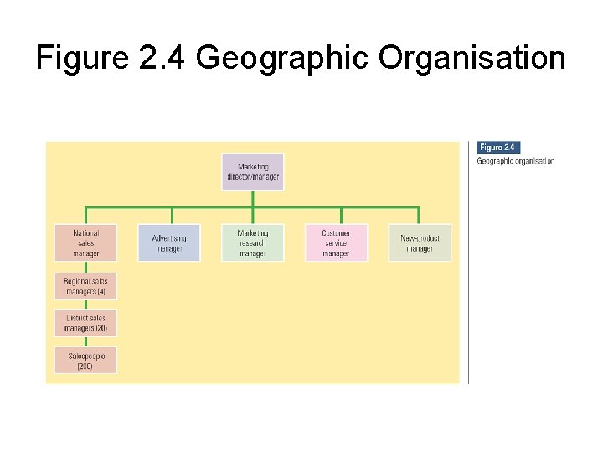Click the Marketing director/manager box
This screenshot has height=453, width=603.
(253, 172)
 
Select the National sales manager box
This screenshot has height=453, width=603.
(85, 242)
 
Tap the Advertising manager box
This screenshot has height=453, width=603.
(169, 242)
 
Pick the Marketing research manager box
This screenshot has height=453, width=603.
(252, 242)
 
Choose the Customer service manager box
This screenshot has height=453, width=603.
(336, 242)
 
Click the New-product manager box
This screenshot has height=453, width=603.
(420, 242)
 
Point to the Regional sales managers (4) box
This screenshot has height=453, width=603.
(85, 287)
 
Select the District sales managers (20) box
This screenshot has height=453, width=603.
(85, 323)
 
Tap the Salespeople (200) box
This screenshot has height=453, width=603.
(85, 361)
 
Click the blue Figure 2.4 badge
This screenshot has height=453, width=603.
(497, 148)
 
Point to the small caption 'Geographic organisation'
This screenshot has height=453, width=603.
(516, 161)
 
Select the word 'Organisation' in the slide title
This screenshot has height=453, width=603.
(472, 58)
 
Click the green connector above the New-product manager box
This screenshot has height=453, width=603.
(419, 215)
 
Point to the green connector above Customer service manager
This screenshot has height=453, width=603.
(336, 215)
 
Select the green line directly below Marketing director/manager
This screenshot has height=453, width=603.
(253, 199)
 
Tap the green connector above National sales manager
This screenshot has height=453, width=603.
(86, 215)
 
